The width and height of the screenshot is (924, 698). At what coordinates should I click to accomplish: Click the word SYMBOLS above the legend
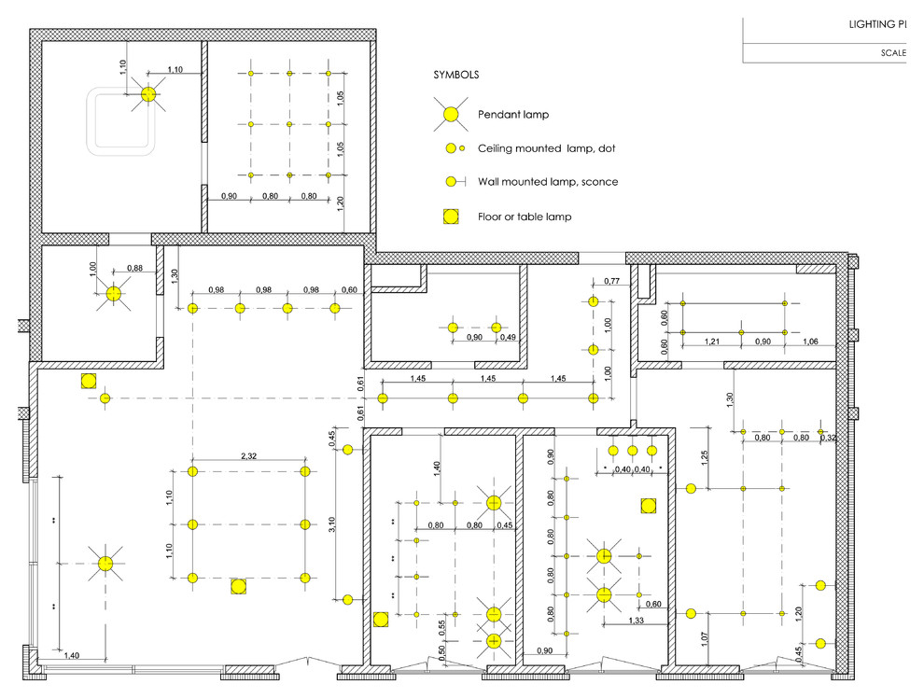(x=456, y=75)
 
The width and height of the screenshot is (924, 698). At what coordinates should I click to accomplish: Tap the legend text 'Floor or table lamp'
(x=525, y=216)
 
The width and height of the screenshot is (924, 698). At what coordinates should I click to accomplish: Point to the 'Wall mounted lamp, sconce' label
(x=547, y=182)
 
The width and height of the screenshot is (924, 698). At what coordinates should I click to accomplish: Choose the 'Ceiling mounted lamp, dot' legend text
(x=546, y=148)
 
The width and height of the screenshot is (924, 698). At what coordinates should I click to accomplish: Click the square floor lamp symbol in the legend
(x=451, y=216)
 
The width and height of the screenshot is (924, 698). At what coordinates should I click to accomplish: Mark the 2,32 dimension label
(x=248, y=456)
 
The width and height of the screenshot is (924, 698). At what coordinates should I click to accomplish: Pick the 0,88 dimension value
(x=134, y=270)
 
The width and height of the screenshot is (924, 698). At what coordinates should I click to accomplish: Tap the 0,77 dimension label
(x=612, y=281)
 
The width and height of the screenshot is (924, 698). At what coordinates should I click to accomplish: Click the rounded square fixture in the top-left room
(x=120, y=121)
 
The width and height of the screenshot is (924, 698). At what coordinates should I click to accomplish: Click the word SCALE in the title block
(x=893, y=52)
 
